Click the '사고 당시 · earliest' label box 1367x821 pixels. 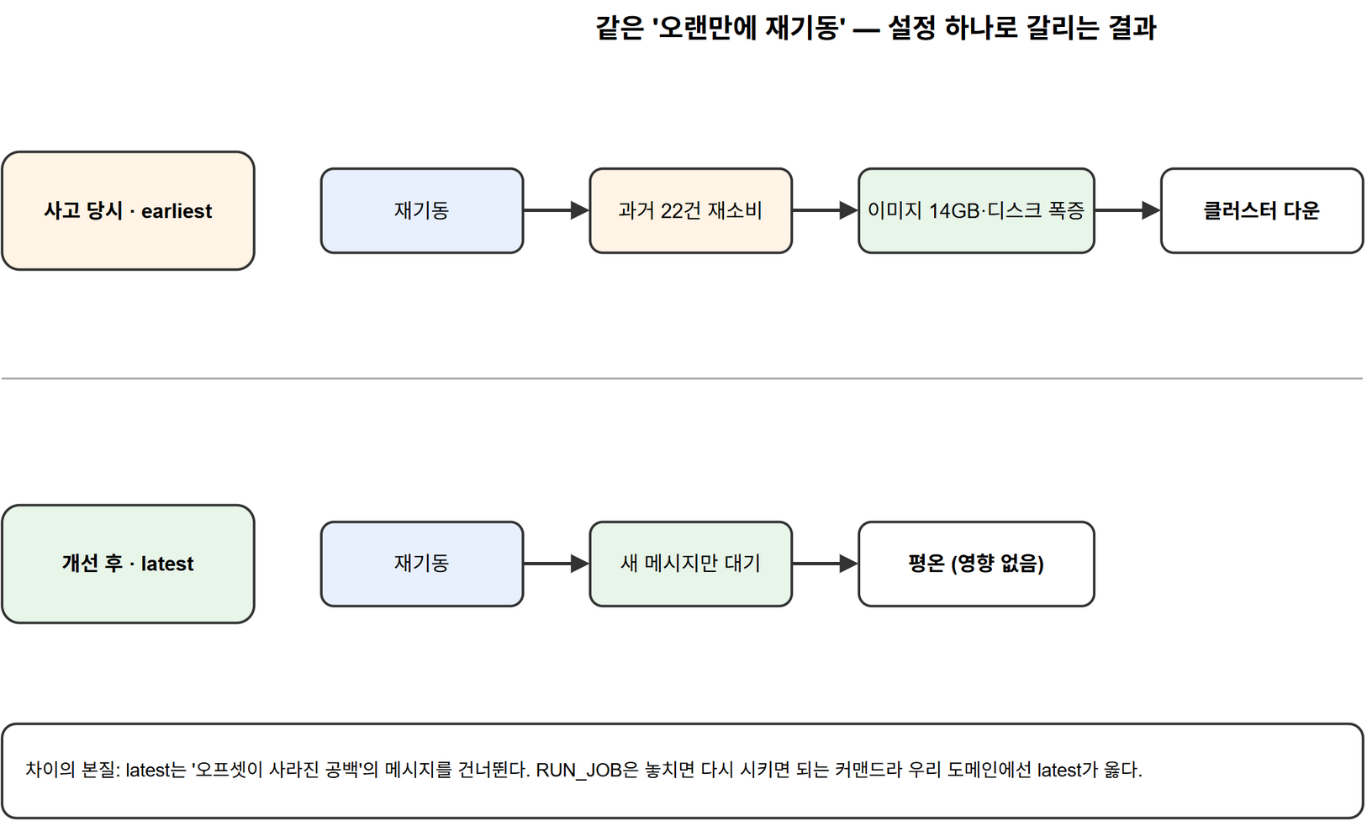(128, 210)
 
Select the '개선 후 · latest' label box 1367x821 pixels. (128, 564)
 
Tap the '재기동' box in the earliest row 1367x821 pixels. (422, 210)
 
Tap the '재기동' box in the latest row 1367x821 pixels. (422, 564)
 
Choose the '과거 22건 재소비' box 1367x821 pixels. (691, 210)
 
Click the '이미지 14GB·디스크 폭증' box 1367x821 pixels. (976, 210)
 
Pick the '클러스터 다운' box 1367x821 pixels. (1262, 210)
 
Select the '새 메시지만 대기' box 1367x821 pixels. (691, 564)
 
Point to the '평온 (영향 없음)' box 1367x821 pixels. (976, 564)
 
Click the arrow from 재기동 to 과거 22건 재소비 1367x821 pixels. (557, 210)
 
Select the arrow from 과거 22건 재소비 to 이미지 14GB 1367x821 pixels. (825, 210)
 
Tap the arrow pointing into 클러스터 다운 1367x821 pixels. (1127, 210)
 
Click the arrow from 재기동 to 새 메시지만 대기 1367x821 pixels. (557, 564)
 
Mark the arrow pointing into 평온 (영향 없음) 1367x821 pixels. (825, 564)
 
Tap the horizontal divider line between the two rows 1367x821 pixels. (683, 379)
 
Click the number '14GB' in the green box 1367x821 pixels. (954, 211)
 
